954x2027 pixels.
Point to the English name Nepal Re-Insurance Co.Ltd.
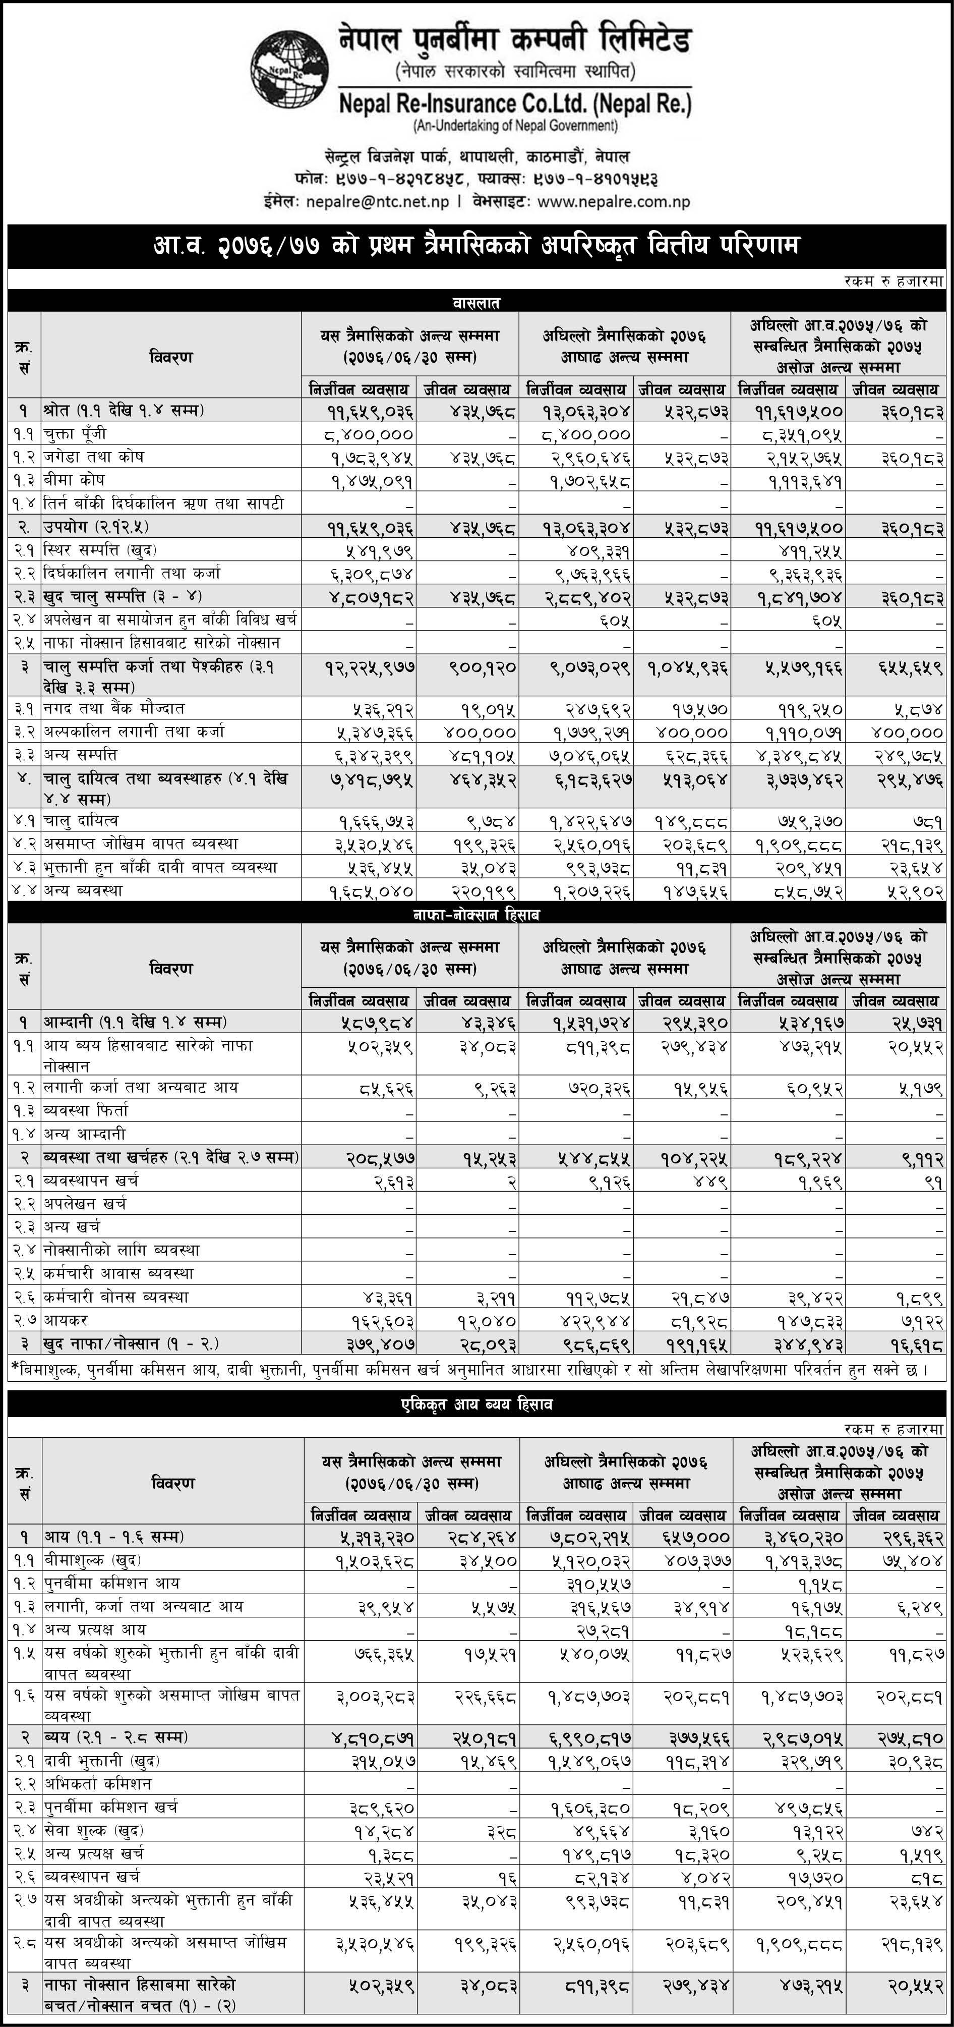tap(515, 103)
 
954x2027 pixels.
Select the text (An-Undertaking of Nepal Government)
tap(515, 125)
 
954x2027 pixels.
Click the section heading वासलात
tap(476, 302)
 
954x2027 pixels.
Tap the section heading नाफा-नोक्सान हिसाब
tap(476, 914)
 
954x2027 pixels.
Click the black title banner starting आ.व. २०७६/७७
tap(476, 246)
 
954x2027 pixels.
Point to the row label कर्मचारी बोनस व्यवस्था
tap(116, 1297)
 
